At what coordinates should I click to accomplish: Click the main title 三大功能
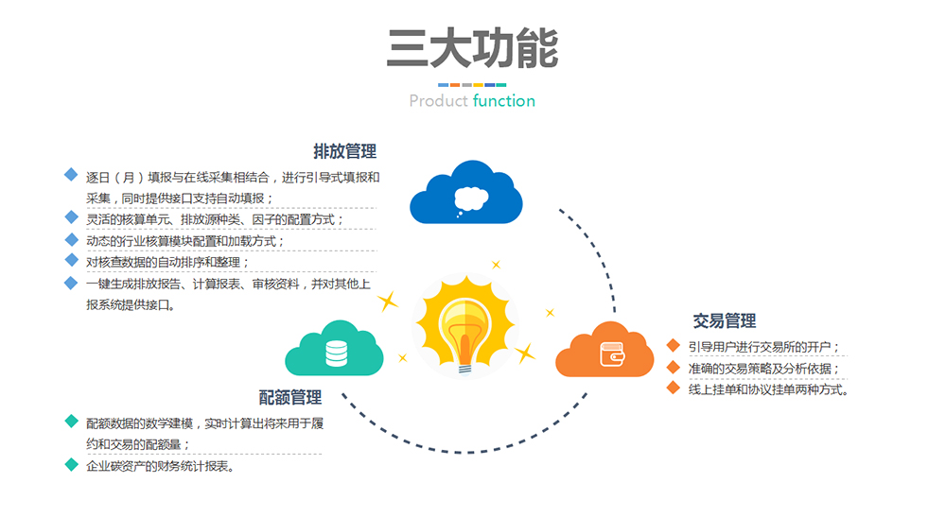(x=472, y=49)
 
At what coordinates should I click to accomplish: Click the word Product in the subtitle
(x=438, y=101)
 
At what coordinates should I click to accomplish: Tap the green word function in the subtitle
(x=504, y=101)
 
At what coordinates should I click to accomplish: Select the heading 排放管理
(x=345, y=151)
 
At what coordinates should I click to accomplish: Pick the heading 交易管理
(x=725, y=321)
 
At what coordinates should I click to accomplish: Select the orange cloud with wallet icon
(x=604, y=351)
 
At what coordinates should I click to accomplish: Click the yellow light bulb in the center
(x=465, y=321)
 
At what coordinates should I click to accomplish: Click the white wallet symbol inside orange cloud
(x=610, y=354)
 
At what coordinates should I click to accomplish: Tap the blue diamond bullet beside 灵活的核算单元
(x=70, y=218)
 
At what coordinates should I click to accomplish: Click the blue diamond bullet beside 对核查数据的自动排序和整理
(x=70, y=261)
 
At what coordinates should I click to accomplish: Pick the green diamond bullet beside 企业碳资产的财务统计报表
(x=70, y=465)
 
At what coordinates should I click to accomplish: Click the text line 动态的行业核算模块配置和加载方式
(x=185, y=241)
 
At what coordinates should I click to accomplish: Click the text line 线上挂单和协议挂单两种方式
(x=768, y=389)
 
